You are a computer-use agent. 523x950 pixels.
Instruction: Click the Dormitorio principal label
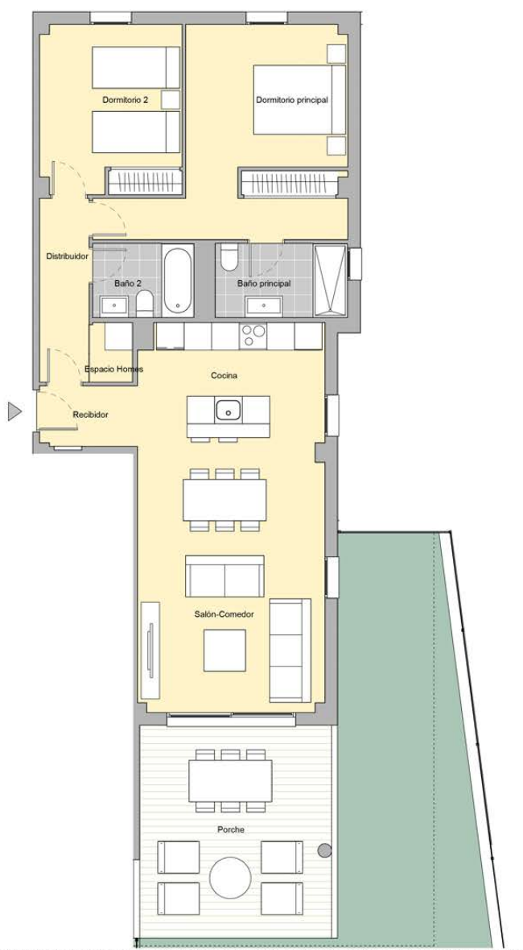pyautogui.click(x=292, y=100)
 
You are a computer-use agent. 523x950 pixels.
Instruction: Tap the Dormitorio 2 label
pyautogui.click(x=126, y=100)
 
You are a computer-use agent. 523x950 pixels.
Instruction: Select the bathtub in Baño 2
pyautogui.click(x=178, y=280)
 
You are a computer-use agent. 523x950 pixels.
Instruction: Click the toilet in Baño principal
pyautogui.click(x=229, y=258)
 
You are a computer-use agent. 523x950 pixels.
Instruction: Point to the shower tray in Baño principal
pyautogui.click(x=330, y=280)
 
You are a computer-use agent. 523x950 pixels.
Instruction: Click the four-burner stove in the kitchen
pyautogui.click(x=253, y=337)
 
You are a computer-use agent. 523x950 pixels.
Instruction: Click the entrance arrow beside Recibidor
pyautogui.click(x=14, y=411)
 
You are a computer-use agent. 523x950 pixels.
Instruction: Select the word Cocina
pyautogui.click(x=224, y=376)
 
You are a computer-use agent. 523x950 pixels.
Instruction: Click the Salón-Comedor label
pyautogui.click(x=224, y=613)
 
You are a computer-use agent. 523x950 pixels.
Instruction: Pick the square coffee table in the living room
pyautogui.click(x=224, y=650)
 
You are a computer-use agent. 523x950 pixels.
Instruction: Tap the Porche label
pyautogui.click(x=230, y=829)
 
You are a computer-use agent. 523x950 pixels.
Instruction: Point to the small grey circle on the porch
pyautogui.click(x=325, y=851)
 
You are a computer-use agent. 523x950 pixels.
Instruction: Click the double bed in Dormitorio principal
pyautogui.click(x=299, y=100)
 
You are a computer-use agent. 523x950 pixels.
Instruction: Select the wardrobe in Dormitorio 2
pyautogui.click(x=146, y=182)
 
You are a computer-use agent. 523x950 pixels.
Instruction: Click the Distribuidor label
pyautogui.click(x=68, y=256)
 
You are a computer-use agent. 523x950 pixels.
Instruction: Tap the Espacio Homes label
pyautogui.click(x=113, y=369)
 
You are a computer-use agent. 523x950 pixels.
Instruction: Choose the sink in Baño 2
pyautogui.click(x=113, y=306)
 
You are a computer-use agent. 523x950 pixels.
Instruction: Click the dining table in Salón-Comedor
pyautogui.click(x=224, y=500)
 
